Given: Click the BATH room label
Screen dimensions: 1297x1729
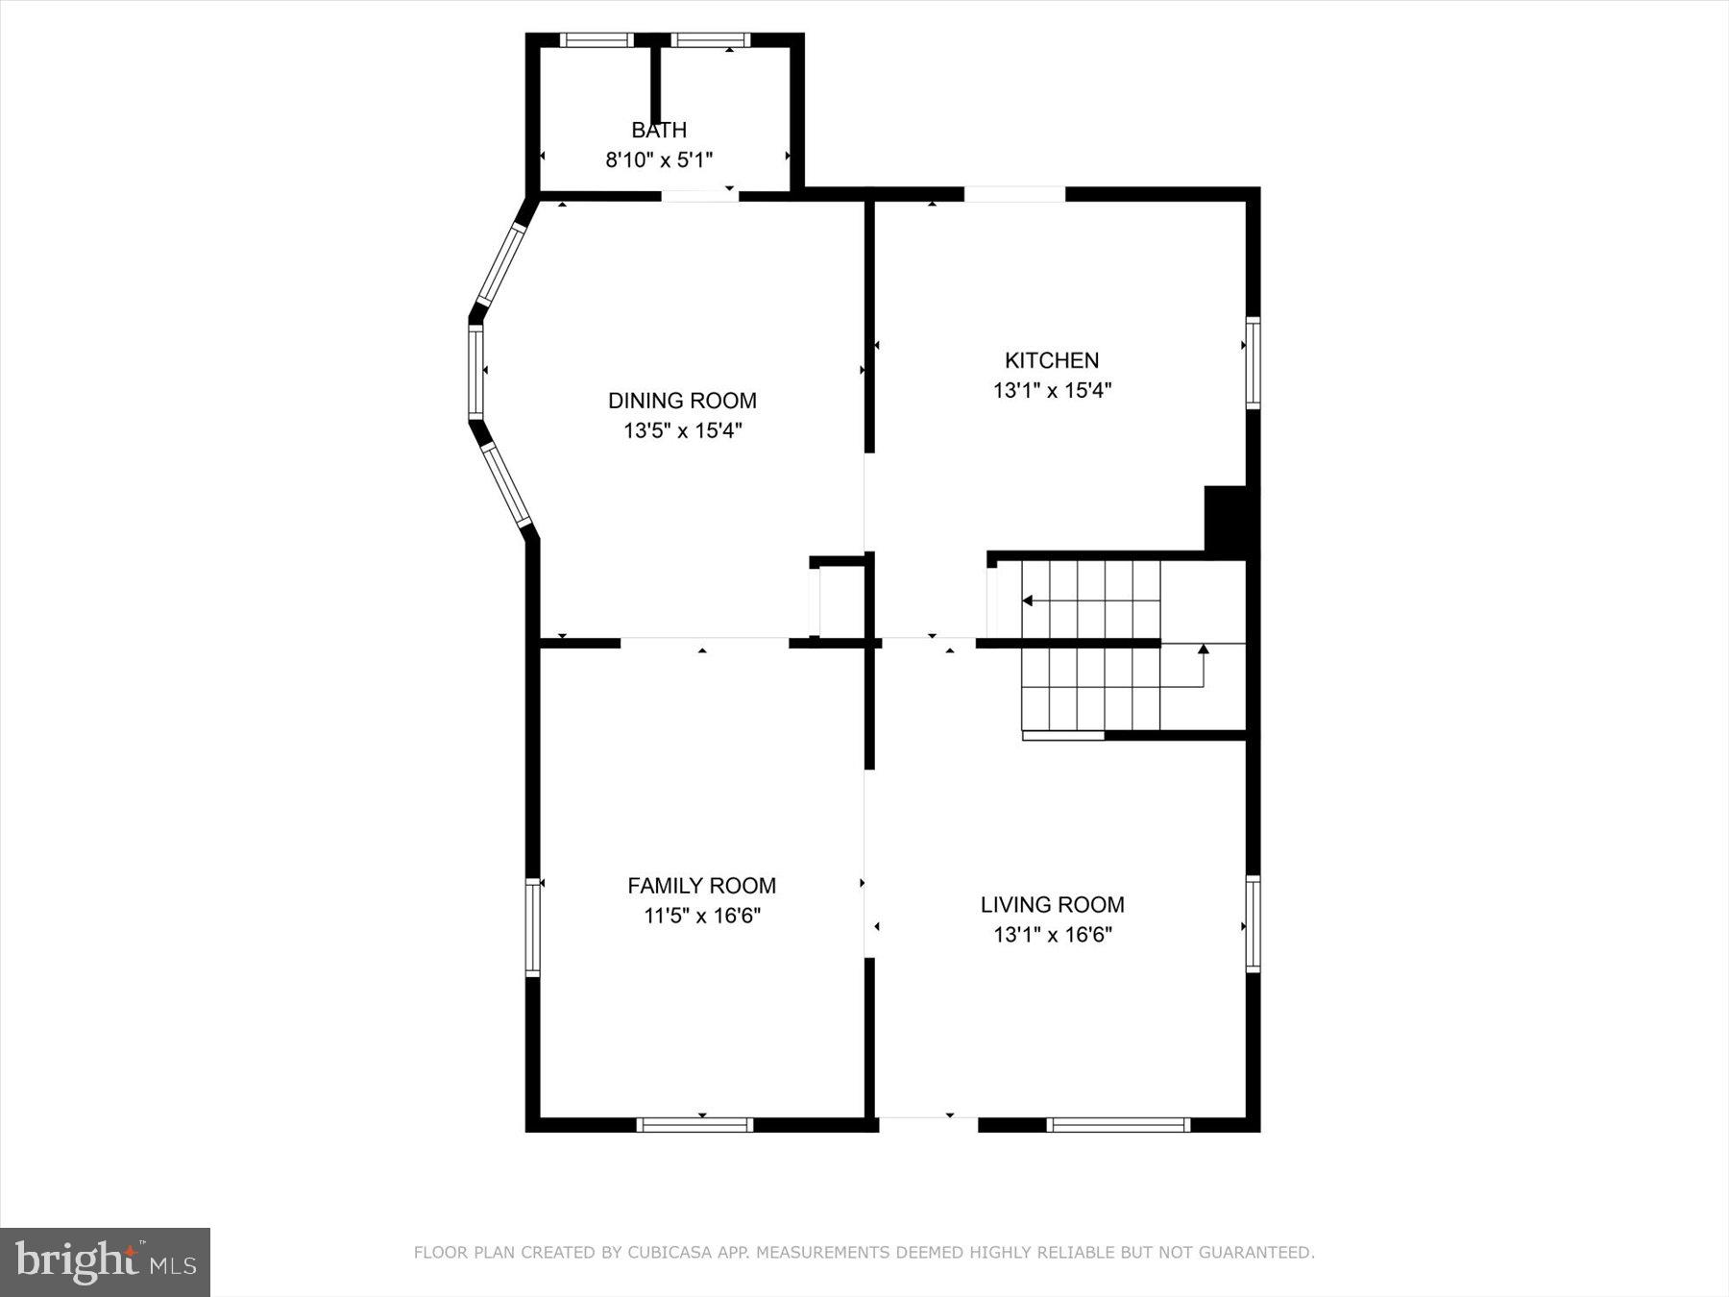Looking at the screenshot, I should (659, 130).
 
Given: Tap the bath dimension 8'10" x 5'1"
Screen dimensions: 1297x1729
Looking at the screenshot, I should (659, 159).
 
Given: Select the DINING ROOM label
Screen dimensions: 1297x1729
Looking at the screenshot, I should (682, 401).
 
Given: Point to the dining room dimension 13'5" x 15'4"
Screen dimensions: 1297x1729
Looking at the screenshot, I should (682, 430).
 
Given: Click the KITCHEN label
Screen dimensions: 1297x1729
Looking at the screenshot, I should (1052, 360).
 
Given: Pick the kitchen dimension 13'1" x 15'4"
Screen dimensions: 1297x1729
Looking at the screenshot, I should (1052, 390).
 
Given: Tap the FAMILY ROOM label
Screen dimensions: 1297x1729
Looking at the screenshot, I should (701, 886).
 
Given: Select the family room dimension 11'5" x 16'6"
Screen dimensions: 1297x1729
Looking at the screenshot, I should (701, 916).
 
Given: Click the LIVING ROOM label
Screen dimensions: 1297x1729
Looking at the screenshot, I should (1052, 904).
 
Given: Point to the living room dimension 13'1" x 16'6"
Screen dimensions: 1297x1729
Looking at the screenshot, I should (1052, 934).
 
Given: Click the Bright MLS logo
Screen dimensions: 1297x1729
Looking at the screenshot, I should (105, 1261).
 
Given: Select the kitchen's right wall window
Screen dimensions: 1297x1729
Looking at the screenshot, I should (1253, 362).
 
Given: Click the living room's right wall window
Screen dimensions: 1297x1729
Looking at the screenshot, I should (1253, 923).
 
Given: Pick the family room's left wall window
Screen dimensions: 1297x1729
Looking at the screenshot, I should (533, 928).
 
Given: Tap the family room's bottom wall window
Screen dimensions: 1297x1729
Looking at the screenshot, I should (694, 1124).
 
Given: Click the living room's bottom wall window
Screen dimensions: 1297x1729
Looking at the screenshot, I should (1118, 1124).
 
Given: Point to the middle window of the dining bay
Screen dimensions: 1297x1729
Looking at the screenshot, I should (475, 372).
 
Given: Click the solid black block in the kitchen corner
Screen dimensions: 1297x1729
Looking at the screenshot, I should (1226, 520).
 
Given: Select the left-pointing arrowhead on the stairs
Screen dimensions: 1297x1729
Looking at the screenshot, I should (1027, 601).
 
